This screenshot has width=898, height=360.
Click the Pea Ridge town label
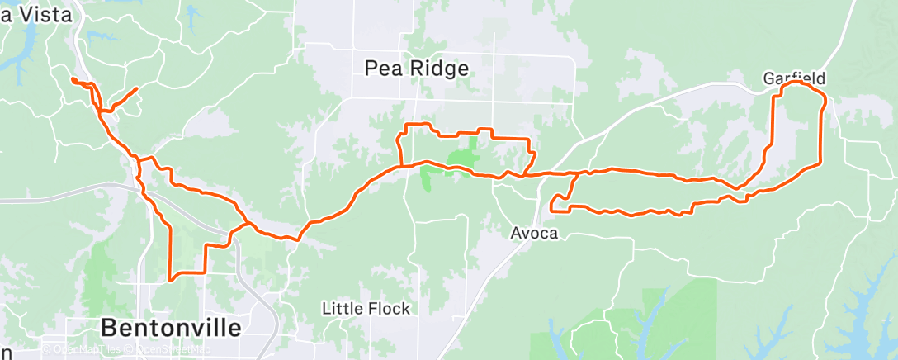pos(417,69)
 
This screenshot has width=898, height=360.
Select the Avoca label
pos(532,234)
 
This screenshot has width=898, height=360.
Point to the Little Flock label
pos(366,309)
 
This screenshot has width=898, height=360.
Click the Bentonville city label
pos(172,328)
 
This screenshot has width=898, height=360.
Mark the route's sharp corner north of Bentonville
pos(170,280)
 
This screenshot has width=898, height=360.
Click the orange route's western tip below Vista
pos(73,79)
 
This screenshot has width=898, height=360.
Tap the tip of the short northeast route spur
pos(136,88)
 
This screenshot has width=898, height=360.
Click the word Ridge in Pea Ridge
pos(442,69)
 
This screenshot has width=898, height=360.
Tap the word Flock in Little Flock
pos(388,309)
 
